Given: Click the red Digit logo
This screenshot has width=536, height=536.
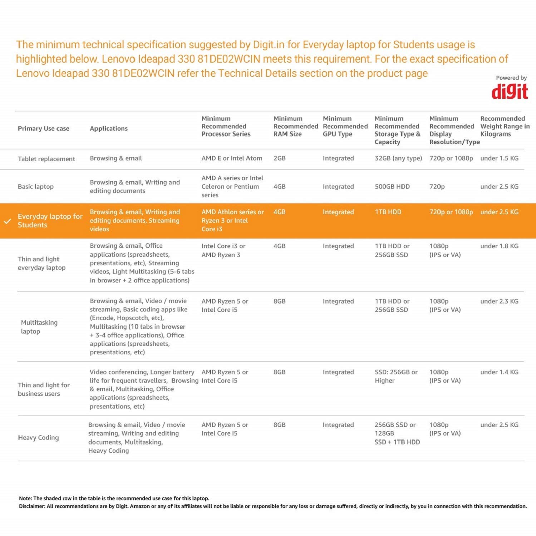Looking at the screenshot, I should (x=510, y=92).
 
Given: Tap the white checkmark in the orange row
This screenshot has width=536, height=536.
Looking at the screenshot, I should (x=8, y=221).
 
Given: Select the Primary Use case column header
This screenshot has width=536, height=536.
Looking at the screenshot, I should (x=43, y=129).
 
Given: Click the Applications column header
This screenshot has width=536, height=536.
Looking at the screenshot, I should (x=109, y=129).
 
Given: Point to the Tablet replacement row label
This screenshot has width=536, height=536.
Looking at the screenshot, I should (x=46, y=159).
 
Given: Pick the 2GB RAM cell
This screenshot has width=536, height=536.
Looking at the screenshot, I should (x=280, y=158).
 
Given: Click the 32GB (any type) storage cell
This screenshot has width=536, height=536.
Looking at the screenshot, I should (x=398, y=158).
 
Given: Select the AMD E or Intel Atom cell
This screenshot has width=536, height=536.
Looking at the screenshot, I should (x=232, y=158).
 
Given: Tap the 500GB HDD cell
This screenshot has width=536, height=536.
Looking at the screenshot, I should (x=392, y=187).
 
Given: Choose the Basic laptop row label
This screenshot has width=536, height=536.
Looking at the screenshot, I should (x=36, y=187).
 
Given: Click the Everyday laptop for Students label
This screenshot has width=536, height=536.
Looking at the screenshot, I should (x=50, y=221).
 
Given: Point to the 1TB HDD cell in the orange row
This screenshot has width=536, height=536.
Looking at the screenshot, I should (x=388, y=212).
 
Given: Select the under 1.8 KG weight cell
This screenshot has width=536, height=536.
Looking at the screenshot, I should (x=499, y=246).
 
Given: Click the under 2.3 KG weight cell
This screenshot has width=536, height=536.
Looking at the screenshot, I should (x=499, y=301).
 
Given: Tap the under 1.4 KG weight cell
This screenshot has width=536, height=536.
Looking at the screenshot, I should (x=499, y=372).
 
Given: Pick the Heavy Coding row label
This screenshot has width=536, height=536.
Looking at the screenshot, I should (x=38, y=438).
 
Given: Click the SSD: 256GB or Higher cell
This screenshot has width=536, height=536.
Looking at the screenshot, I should (x=396, y=376).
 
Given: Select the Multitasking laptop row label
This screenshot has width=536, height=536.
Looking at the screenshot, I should (x=39, y=327).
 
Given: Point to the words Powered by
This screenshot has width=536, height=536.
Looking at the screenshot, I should (x=511, y=78).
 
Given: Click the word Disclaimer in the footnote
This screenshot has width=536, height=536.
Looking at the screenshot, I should (x=32, y=506).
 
